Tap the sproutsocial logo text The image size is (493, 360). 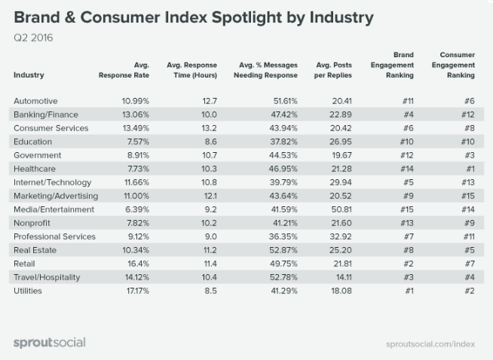click(x=50, y=343)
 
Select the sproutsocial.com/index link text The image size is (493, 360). click(x=430, y=343)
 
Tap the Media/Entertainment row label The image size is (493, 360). click(x=54, y=209)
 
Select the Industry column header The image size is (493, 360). click(x=29, y=75)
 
